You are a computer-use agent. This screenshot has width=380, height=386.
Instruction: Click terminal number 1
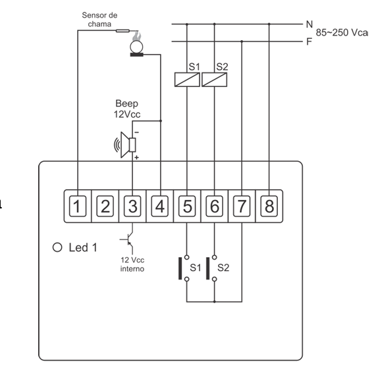click(78, 206)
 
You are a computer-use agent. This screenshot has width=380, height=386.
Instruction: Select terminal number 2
click(105, 206)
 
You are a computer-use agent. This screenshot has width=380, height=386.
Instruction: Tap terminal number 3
click(132, 206)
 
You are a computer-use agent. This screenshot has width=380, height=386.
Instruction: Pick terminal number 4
click(160, 206)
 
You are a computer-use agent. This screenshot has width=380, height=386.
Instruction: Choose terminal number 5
click(187, 206)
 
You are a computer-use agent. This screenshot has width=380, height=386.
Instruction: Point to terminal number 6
click(215, 206)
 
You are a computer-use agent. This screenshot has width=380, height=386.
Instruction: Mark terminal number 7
click(242, 206)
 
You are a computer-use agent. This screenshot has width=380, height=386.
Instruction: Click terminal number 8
click(269, 206)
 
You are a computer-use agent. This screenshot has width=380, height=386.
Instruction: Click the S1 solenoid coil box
click(187, 80)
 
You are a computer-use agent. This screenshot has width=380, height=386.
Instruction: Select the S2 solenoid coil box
click(215, 80)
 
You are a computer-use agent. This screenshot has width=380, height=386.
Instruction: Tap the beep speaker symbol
click(125, 145)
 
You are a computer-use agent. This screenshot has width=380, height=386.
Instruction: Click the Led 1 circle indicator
click(57, 247)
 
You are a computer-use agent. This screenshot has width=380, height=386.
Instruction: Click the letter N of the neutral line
click(310, 24)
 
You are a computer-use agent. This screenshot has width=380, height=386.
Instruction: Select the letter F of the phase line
click(309, 41)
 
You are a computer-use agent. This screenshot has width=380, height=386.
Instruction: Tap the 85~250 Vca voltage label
click(342, 32)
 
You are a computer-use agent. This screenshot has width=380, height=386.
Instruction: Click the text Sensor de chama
click(99, 20)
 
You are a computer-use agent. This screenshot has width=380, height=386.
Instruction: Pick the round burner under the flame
click(136, 47)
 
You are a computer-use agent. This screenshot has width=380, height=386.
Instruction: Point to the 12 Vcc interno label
click(132, 264)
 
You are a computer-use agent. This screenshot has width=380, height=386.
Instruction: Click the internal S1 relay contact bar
click(180, 268)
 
